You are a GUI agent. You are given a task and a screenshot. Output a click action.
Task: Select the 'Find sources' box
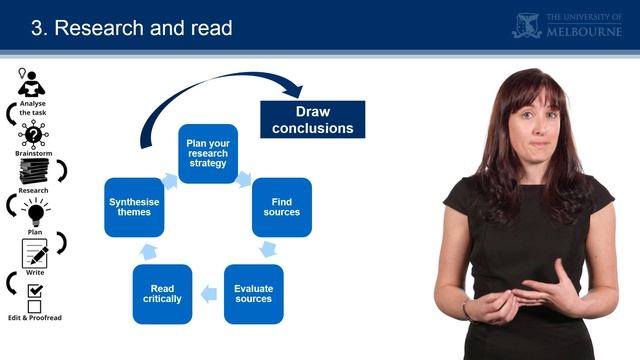(281, 207)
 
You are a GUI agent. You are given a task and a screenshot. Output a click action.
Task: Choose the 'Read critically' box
(162, 294)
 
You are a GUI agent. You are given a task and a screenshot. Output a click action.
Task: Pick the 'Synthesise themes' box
(134, 207)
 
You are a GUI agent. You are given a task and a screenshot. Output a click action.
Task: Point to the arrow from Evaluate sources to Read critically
(208, 294)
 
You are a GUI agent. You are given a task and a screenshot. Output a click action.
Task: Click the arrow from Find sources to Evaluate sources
(268, 249)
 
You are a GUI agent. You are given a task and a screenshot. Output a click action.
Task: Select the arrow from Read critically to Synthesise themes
(147, 250)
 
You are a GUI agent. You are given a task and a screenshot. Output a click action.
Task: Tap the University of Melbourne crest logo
(528, 25)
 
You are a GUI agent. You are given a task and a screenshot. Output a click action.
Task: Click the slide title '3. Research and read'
(132, 28)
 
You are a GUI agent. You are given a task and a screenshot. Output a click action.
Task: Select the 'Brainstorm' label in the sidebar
(33, 154)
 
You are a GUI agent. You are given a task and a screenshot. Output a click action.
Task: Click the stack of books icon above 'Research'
(34, 172)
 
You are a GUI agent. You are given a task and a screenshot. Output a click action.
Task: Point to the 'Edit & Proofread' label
(34, 317)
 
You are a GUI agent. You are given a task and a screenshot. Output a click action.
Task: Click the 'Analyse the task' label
(33, 107)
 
